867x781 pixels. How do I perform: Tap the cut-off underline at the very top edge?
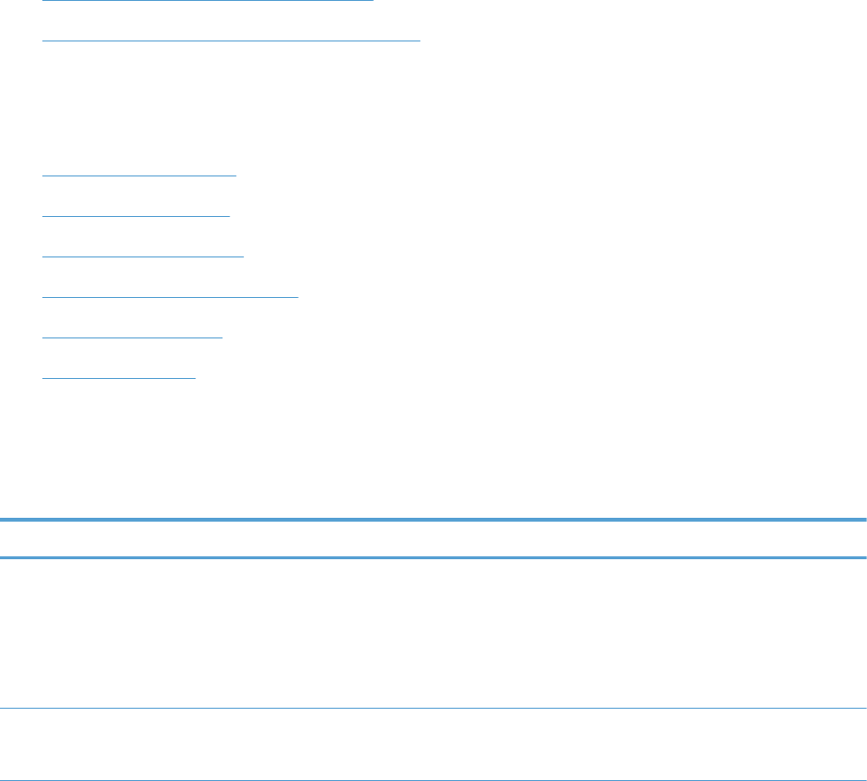tap(207, 1)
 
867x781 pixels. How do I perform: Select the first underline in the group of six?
tap(140, 175)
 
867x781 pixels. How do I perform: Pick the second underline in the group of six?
tap(137, 215)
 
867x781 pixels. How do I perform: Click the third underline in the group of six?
tap(144, 256)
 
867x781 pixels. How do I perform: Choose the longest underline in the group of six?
tap(171, 296)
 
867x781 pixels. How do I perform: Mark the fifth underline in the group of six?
tap(133, 337)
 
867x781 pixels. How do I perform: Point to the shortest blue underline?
tap(119, 377)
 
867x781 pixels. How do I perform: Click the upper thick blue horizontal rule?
tap(433, 521)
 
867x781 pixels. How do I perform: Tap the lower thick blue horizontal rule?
tap(433, 557)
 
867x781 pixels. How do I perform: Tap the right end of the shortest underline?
tap(195, 377)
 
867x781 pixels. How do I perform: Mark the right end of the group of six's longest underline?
tap(298, 296)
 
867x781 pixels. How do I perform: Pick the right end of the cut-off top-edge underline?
tap(372, 1)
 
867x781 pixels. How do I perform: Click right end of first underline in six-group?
tap(235, 175)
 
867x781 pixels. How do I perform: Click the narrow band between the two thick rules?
tap(433, 539)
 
